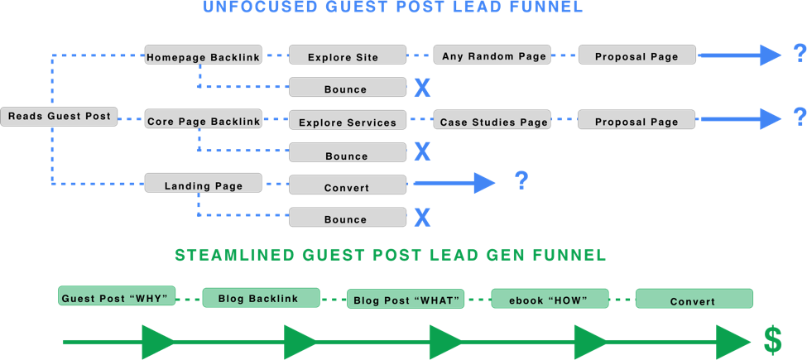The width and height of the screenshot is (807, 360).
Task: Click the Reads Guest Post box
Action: click(x=58, y=117)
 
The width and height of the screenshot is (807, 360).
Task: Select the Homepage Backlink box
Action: click(x=203, y=56)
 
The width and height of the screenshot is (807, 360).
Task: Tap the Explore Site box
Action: click(x=348, y=56)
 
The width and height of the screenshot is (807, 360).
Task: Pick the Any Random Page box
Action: click(x=493, y=55)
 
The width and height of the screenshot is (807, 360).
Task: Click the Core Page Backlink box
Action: click(x=203, y=120)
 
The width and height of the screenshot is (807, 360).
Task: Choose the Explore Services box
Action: click(x=348, y=121)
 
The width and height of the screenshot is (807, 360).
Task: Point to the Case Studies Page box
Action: click(x=493, y=121)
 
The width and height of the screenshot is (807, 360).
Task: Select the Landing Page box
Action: click(x=203, y=184)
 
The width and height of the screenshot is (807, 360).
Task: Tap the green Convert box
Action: click(x=694, y=300)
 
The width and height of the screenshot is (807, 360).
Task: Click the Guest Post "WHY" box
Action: click(x=117, y=296)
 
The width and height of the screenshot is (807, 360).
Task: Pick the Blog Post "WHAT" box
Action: click(x=406, y=299)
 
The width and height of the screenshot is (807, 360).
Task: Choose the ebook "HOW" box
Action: click(x=550, y=299)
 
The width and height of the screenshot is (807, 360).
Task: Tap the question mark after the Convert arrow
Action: click(x=521, y=180)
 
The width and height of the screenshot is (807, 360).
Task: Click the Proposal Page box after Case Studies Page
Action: click(x=638, y=120)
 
